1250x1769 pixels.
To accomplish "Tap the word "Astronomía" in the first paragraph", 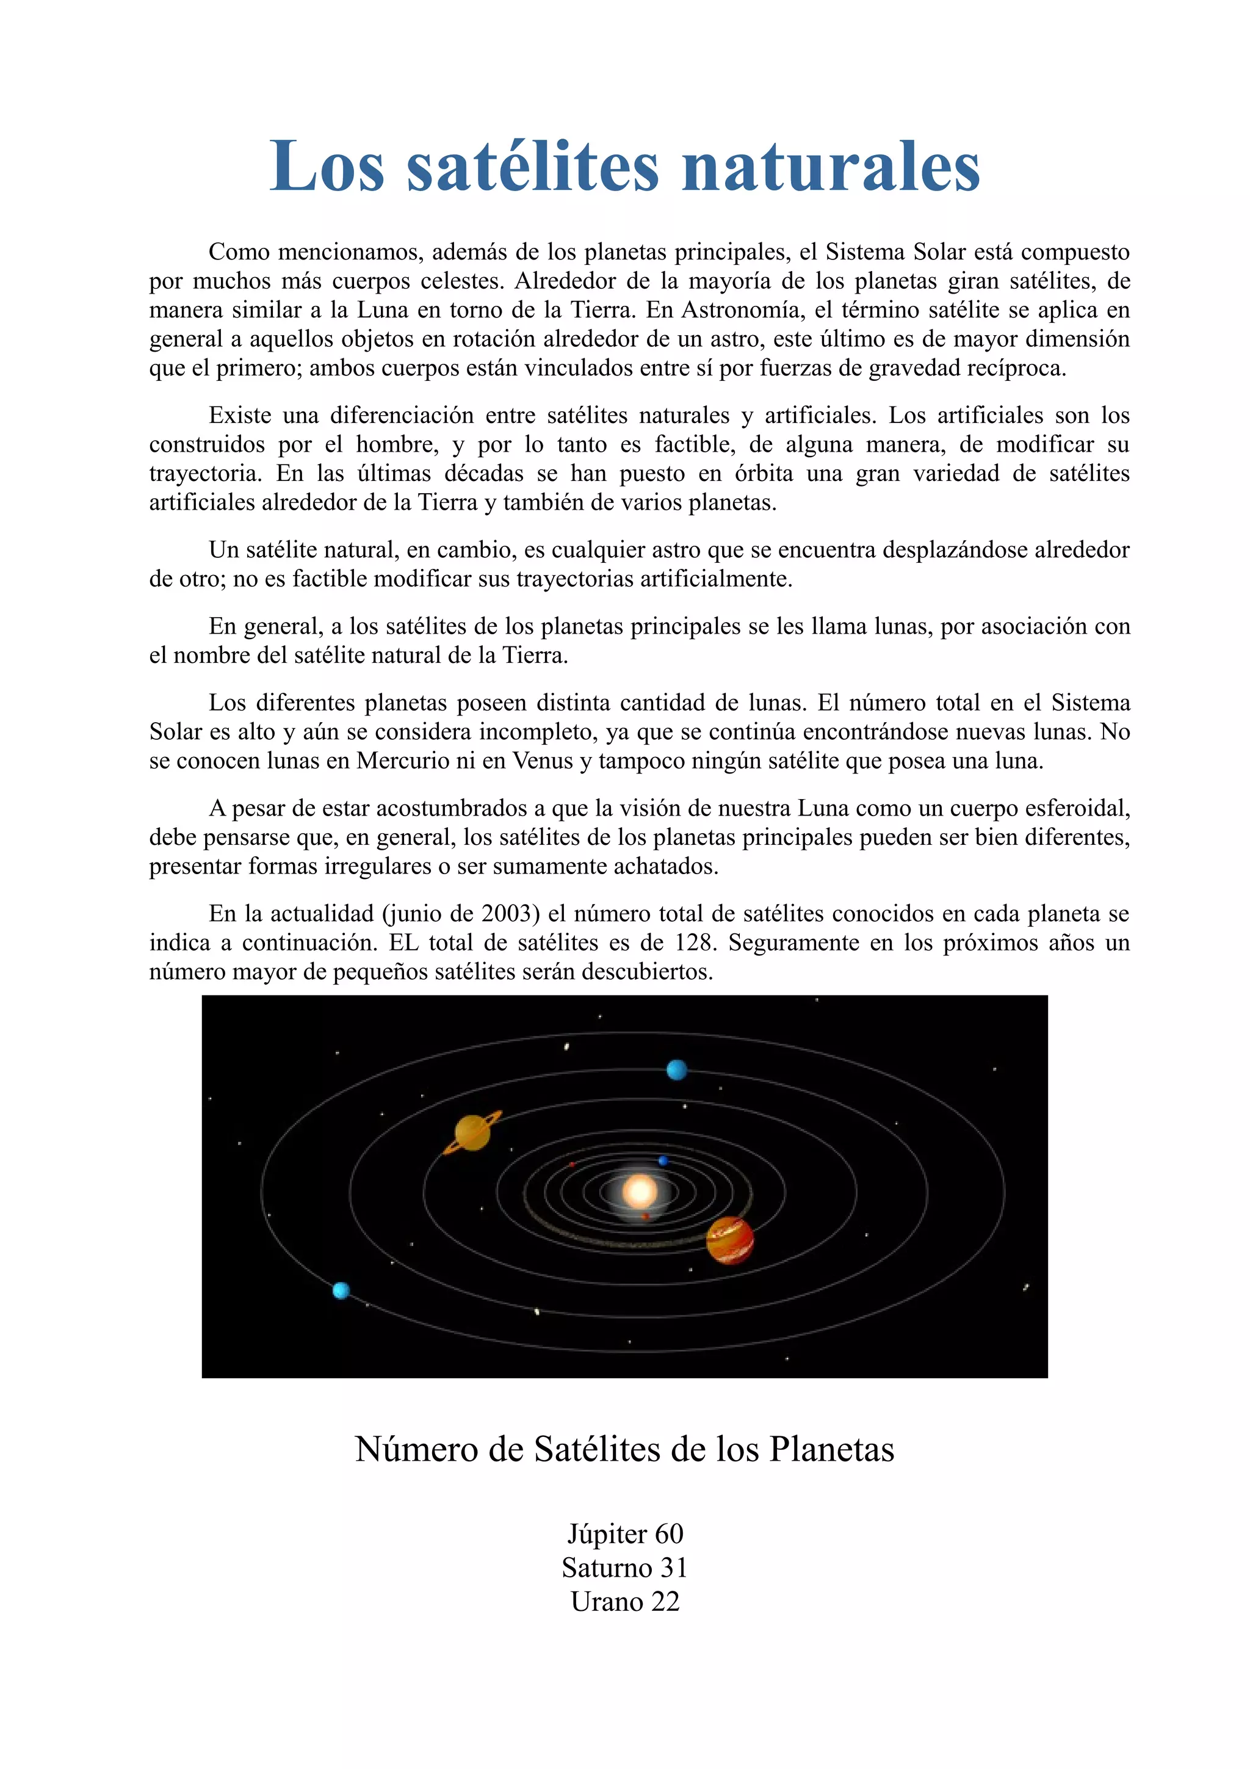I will pos(741,309).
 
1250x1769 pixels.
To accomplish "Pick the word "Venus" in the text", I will pos(543,761).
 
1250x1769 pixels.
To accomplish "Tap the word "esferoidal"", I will pos(1071,808).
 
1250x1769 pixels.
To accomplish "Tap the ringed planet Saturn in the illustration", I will pos(472,1132).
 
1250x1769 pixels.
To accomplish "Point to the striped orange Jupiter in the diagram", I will pos(729,1240).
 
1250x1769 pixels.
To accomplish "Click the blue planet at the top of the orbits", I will pos(676,1070).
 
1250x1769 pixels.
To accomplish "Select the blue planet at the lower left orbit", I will pos(341,1290).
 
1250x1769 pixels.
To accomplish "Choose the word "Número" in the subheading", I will pos(416,1449).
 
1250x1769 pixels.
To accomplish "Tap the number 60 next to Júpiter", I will pos(668,1534).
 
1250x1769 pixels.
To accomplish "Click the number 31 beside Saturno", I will pos(673,1568).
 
